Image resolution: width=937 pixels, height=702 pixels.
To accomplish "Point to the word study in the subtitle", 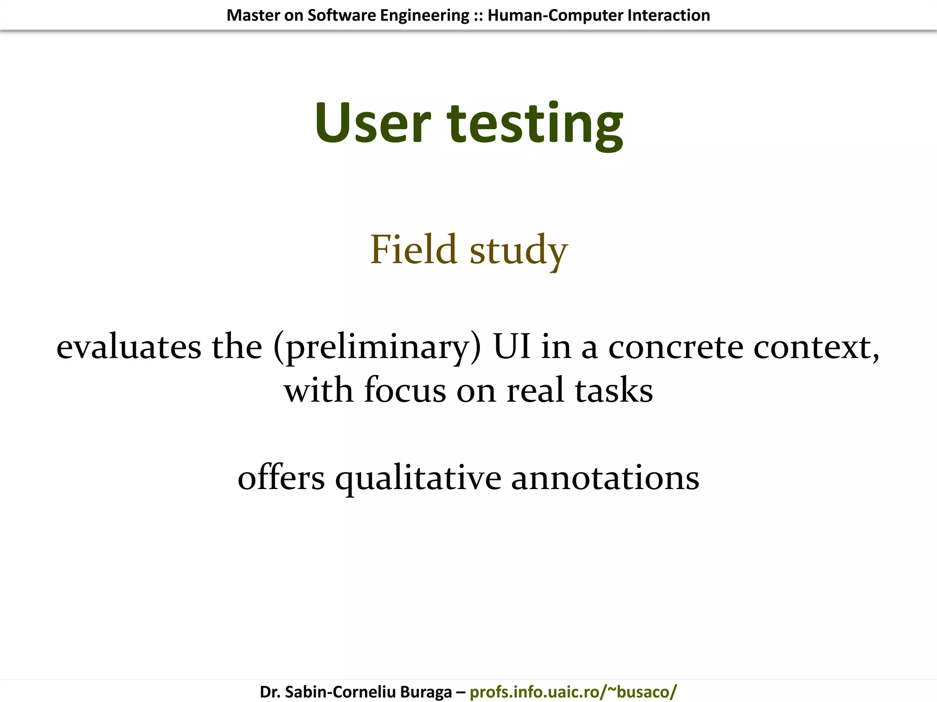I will (x=519, y=251).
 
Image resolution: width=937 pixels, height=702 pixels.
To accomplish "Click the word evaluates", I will (x=129, y=347).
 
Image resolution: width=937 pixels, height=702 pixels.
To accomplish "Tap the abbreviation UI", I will (x=512, y=346).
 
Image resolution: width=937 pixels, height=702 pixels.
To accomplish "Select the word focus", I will (x=405, y=391).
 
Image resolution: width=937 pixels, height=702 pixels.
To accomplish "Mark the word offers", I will (x=281, y=478).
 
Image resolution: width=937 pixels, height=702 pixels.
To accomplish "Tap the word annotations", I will (x=605, y=478).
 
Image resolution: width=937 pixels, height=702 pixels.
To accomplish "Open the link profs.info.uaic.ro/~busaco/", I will (x=573, y=691).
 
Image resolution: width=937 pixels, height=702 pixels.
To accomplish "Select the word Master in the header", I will (x=253, y=16).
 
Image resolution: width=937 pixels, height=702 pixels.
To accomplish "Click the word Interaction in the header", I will (x=669, y=16).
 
